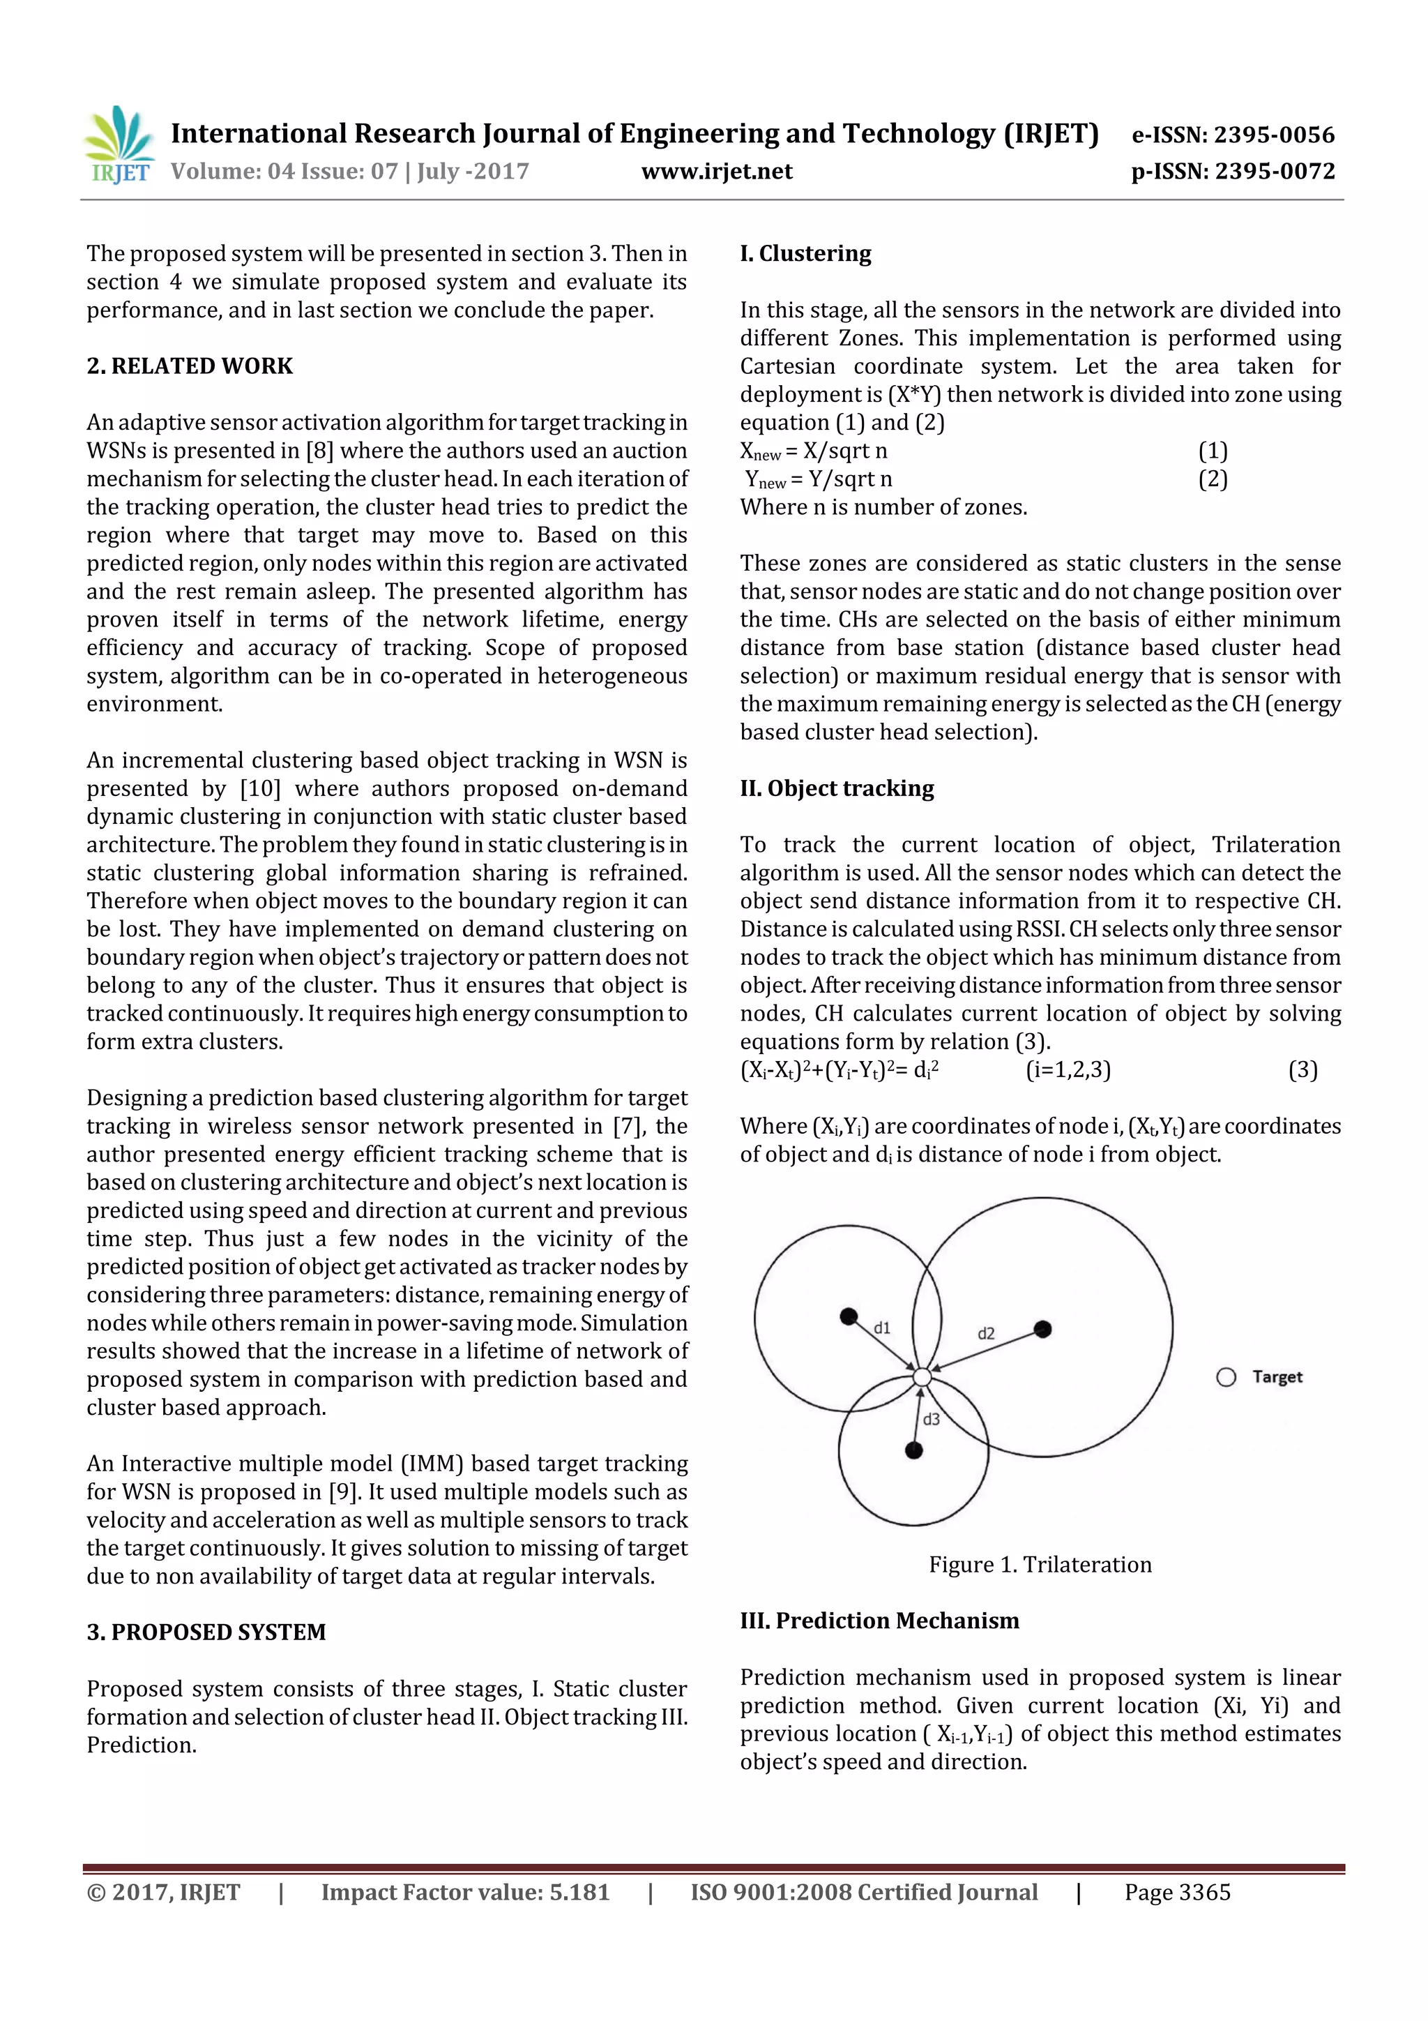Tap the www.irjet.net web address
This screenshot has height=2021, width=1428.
pyautogui.click(x=716, y=172)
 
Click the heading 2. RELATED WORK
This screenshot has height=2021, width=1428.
pyautogui.click(x=189, y=366)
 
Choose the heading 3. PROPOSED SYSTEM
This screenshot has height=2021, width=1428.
pyautogui.click(x=206, y=1632)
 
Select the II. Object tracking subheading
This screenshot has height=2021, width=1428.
pyautogui.click(x=837, y=789)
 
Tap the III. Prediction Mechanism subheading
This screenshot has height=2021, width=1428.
pyautogui.click(x=879, y=1621)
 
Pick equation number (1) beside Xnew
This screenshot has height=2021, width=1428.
pyautogui.click(x=1213, y=451)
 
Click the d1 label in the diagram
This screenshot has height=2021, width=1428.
pyautogui.click(x=881, y=1328)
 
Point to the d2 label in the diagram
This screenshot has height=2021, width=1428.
pyautogui.click(x=987, y=1334)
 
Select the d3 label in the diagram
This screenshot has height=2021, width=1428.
pyautogui.click(x=931, y=1419)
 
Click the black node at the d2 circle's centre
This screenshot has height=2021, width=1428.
pyautogui.click(x=1042, y=1329)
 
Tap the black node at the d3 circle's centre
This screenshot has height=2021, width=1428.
pyautogui.click(x=914, y=1450)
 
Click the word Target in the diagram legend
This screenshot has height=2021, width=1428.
pyautogui.click(x=1277, y=1376)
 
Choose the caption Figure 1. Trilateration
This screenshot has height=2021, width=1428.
pyautogui.click(x=1040, y=1564)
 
